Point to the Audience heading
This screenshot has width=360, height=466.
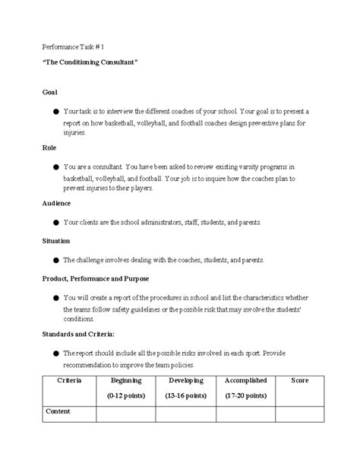click(56, 204)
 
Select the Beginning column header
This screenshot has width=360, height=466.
click(126, 380)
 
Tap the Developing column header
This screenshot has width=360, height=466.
click(185, 380)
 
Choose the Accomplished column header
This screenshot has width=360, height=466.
click(245, 380)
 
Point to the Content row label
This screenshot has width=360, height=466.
click(58, 411)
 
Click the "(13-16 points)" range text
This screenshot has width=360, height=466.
click(185, 396)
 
